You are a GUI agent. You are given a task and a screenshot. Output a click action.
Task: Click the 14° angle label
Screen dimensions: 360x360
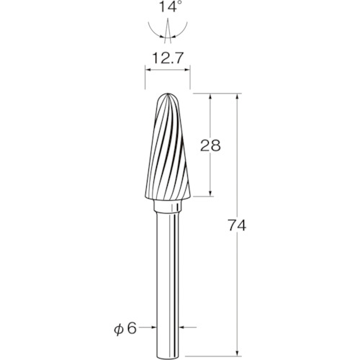pyautogui.click(x=168, y=7)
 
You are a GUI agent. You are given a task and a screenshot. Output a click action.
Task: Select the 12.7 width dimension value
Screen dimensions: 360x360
pyautogui.click(x=168, y=58)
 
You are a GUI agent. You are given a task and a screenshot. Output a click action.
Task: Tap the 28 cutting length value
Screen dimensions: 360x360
pyautogui.click(x=210, y=145)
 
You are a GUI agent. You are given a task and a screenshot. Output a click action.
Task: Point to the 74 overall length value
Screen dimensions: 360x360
pyautogui.click(x=237, y=225)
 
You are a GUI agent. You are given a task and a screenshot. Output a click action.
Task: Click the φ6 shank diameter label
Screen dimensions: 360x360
pyautogui.click(x=125, y=328)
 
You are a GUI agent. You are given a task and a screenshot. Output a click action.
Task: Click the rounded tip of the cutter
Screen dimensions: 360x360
pyautogui.click(x=168, y=94)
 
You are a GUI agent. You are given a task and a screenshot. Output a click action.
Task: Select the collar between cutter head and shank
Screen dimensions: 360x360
pyautogui.click(x=168, y=206)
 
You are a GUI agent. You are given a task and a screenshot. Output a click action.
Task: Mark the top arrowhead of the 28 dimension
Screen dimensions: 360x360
pyautogui.click(x=210, y=96)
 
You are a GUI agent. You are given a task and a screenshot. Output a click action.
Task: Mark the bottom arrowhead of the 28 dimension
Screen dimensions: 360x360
pyautogui.click(x=210, y=194)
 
